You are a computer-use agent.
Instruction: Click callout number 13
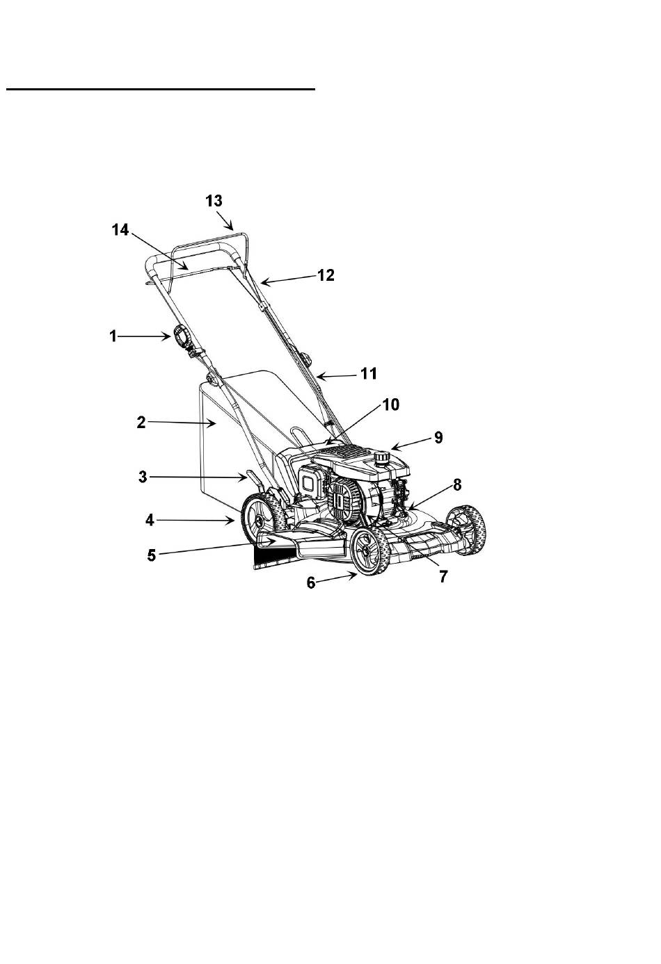[x=214, y=201]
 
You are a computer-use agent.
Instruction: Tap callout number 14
[x=120, y=230]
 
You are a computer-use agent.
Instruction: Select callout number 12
[x=326, y=275]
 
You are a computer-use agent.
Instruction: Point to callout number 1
[x=113, y=336]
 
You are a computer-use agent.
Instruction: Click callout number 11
[x=369, y=373]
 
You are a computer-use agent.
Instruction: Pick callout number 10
[x=391, y=404]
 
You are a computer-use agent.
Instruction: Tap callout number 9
[x=438, y=437]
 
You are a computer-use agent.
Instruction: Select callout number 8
[x=457, y=484]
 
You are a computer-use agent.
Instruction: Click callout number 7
[x=443, y=576]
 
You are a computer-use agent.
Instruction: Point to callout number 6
[x=311, y=582]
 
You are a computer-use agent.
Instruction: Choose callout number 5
[x=151, y=555]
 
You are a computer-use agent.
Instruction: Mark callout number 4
[x=150, y=521]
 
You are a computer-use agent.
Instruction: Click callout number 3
[x=143, y=476]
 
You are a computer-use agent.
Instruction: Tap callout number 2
[x=141, y=423]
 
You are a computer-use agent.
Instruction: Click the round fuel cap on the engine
[x=381, y=457]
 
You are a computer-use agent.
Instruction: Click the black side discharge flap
[x=274, y=557]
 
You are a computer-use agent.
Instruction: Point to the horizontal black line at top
[x=161, y=89]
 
